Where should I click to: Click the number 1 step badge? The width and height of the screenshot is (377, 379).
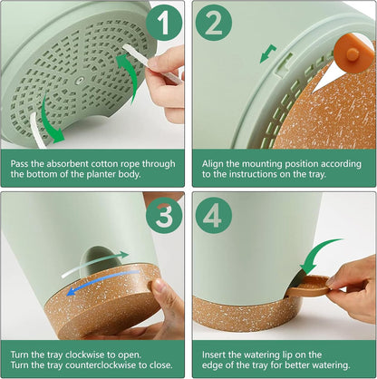(x=164, y=23)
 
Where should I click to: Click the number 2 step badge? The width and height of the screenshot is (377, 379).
(x=214, y=23)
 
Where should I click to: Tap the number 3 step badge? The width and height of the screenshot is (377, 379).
(x=164, y=216)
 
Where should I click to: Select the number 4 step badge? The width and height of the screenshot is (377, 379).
(x=214, y=216)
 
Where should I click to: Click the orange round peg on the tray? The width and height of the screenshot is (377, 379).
(x=353, y=53)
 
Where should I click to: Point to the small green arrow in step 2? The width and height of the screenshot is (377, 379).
(x=267, y=53)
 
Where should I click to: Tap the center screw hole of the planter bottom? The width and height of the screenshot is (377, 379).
(x=79, y=81)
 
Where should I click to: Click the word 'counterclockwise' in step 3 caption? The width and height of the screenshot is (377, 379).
(x=101, y=364)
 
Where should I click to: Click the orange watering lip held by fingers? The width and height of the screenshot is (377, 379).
(x=308, y=286)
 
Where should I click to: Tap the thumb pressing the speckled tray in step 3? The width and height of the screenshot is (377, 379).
(x=161, y=289)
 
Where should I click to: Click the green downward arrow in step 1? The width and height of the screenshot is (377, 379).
(x=50, y=120)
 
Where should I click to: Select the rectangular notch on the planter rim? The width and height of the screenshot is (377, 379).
(x=285, y=64)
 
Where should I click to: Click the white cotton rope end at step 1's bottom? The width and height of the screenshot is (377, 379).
(x=38, y=131)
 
